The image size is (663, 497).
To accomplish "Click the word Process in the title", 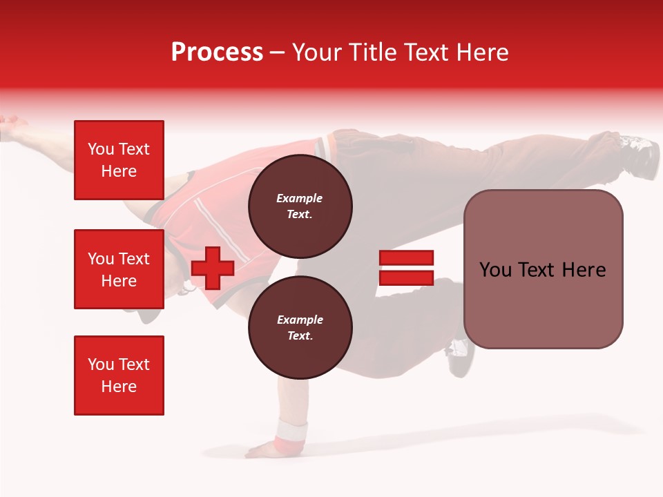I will (x=217, y=52).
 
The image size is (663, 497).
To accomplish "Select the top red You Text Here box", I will (x=119, y=160).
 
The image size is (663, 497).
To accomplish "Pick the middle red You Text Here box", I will (x=119, y=269).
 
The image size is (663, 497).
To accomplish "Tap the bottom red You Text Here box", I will (x=119, y=376).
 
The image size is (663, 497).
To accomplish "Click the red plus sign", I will (x=213, y=268).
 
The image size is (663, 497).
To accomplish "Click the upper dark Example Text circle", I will (x=300, y=206).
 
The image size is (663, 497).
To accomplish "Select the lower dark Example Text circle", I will (x=300, y=328).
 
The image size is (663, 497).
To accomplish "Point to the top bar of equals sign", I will (x=406, y=258).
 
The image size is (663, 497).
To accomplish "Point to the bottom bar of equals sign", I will (x=406, y=277).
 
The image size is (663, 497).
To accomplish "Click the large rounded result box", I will (x=543, y=269).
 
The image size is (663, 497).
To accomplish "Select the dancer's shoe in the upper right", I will (x=638, y=152).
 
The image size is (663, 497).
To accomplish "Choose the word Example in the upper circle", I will (x=299, y=199).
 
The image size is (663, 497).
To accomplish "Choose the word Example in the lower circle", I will (x=300, y=320).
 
